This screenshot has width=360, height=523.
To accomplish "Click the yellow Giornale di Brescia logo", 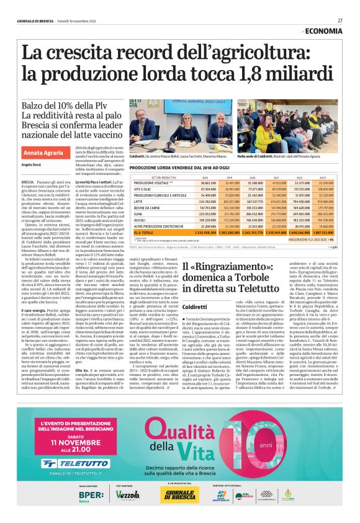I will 178,494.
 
